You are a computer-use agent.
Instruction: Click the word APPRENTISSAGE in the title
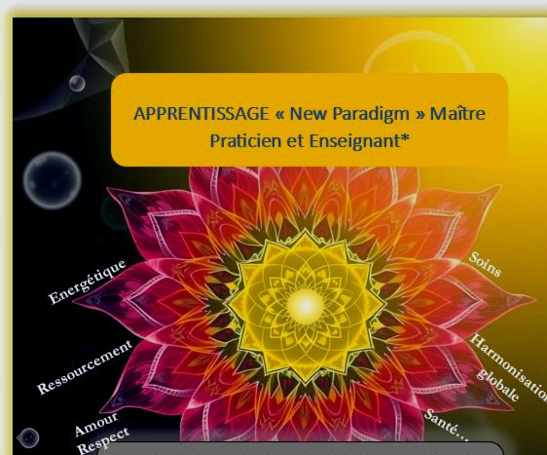[x=201, y=114]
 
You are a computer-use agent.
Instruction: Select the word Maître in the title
[x=457, y=113]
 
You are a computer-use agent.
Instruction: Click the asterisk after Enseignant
[x=405, y=137]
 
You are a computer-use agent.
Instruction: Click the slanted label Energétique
[x=87, y=282]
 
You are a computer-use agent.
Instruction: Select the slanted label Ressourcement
[x=85, y=367]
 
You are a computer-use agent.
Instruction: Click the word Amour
[x=96, y=424]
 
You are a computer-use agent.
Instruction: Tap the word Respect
[x=103, y=440]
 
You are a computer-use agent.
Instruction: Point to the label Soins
[x=485, y=264]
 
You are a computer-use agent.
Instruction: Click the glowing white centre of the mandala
[x=306, y=306]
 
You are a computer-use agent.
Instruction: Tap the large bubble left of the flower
[x=53, y=180]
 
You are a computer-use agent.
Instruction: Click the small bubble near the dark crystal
[x=77, y=83]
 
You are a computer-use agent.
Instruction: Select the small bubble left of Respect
[x=28, y=437]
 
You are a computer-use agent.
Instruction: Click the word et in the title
[x=295, y=141]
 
